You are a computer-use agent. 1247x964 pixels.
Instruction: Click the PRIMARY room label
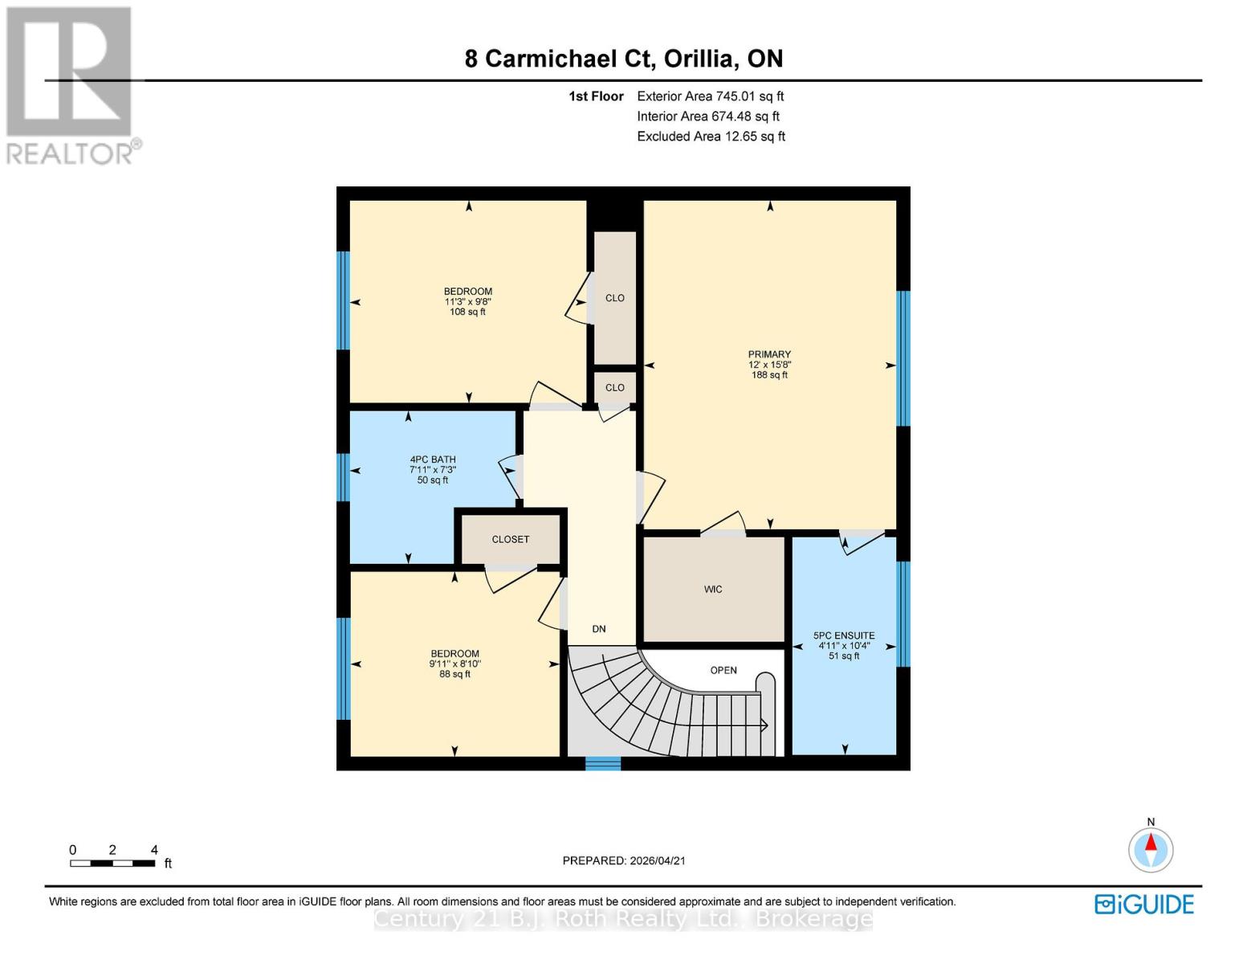(769, 354)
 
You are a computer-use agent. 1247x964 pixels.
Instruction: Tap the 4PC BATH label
(433, 460)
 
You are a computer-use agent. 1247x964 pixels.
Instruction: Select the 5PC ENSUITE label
(844, 635)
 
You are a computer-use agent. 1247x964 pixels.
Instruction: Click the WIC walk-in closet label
(713, 590)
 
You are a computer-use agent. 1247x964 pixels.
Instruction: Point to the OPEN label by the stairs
(723, 670)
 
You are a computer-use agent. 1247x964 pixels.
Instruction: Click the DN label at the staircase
(599, 629)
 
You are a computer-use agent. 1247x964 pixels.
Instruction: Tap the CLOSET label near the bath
(511, 539)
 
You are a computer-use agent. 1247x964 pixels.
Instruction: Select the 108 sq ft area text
(467, 312)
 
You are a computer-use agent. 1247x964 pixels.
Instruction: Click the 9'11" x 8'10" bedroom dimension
(454, 664)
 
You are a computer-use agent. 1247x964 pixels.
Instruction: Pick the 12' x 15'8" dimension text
(769, 365)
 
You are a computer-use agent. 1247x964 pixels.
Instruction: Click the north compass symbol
(1151, 849)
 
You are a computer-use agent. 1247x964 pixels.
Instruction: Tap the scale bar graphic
(112, 864)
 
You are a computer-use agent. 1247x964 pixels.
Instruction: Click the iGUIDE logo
(1144, 905)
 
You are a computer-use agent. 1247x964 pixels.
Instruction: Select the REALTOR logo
(71, 85)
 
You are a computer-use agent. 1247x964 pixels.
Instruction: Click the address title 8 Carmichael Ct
(624, 59)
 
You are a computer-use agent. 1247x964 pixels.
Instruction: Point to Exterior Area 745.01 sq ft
(711, 96)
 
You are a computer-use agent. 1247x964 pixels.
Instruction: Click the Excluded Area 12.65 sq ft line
(711, 137)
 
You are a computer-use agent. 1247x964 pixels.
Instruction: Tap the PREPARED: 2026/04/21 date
(624, 860)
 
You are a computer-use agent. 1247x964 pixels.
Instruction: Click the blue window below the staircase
(603, 763)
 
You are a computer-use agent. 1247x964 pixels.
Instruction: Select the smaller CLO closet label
(615, 387)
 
